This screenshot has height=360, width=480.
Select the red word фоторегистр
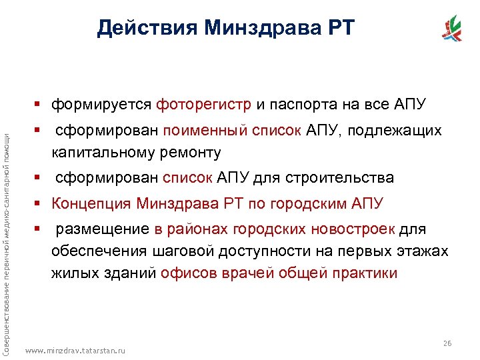pyautogui.click(x=204, y=104)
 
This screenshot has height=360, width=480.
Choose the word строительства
pyautogui.click(x=339, y=178)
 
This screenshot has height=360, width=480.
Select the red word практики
pyautogui.click(x=359, y=273)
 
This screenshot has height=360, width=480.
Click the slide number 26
pyautogui.click(x=447, y=343)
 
